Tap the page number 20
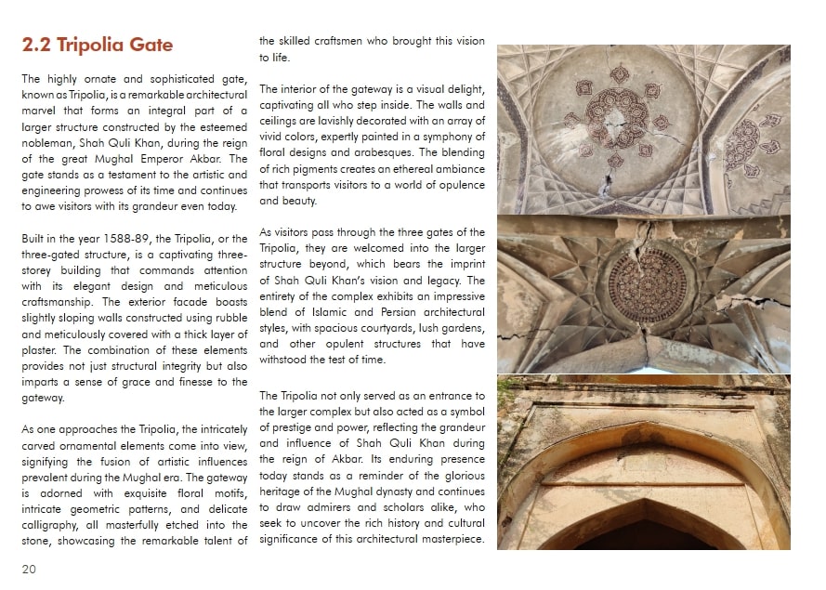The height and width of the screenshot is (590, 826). click(29, 570)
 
